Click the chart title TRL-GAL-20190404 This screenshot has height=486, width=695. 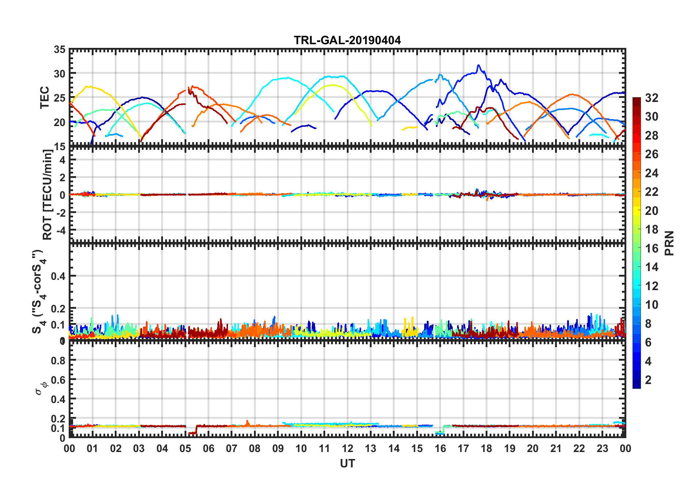coord(347,40)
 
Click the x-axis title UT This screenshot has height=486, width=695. coord(347,464)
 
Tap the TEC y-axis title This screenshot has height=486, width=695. coord(45,98)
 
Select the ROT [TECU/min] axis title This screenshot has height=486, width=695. coord(48,194)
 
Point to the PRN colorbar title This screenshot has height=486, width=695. coord(669,243)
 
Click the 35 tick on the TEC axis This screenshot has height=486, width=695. coord(60,50)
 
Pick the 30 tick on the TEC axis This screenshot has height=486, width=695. coord(60,74)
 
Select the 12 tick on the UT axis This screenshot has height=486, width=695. coord(347,448)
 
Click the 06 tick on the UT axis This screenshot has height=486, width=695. coord(208,448)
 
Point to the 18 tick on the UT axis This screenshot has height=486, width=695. coord(486,448)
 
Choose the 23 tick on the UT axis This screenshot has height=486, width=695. coord(602,448)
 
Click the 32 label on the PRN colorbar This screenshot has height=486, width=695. coord(652,98)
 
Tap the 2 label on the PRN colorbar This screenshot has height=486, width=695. coord(648,380)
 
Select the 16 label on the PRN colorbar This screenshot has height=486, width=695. coord(652,248)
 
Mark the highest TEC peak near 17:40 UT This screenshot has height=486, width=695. coord(478,65)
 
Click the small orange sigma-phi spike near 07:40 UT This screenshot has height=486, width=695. coord(247,421)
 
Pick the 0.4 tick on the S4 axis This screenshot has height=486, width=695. coord(58,276)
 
